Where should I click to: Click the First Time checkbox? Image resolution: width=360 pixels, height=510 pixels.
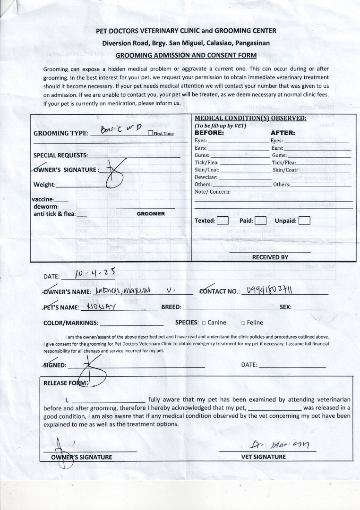coord(150,133)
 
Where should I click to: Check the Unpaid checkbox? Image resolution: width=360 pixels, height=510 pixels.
coord(305,221)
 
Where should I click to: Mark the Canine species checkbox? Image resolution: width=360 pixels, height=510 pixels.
coord(204,323)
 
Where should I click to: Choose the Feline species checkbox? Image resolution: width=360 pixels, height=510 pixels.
coord(243,323)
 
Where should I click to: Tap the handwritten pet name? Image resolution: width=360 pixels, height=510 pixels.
coord(102,306)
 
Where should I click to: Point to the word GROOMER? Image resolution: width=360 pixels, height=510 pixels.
coord(151,214)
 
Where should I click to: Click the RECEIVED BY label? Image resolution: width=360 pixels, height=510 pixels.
coord(270,257)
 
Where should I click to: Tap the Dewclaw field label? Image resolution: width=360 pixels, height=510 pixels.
coord(206,177)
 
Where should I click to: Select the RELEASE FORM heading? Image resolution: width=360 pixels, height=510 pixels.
coord(65,383)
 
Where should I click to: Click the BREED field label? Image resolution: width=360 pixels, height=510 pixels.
coord(171,307)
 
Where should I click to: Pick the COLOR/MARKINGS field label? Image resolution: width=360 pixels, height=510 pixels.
coord(71,323)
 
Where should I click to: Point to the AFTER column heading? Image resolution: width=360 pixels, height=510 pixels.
coord(283,133)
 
